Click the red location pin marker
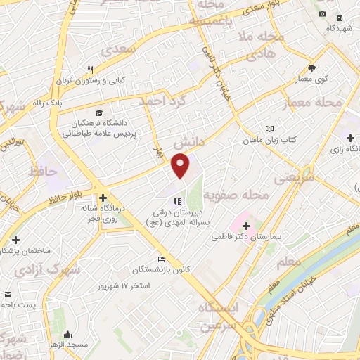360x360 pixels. [181, 166]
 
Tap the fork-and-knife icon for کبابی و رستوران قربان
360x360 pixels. [90, 70]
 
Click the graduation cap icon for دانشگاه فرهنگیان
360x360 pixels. [99, 112]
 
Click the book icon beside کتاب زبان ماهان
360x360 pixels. [270, 129]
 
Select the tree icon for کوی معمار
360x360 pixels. [312, 68]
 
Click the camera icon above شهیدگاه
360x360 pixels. [322, 14]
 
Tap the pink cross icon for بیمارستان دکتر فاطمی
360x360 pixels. [246, 226]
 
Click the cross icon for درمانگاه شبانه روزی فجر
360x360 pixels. [103, 198]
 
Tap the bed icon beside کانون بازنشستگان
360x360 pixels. [160, 259]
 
